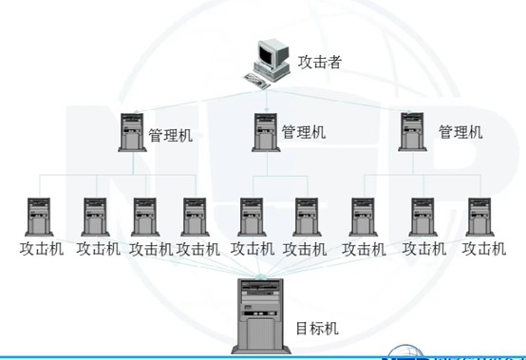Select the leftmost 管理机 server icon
tap(130, 133)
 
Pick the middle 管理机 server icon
tap(265, 132)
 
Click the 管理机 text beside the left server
tap(171, 135)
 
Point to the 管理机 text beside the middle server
tap(303, 132)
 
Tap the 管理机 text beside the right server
tap(460, 131)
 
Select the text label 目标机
tap(317, 330)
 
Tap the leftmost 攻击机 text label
tap(40, 249)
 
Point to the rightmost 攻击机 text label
tap(483, 249)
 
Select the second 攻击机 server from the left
tap(94, 216)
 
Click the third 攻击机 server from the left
tap(144, 216)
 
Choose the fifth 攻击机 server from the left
tap(251, 216)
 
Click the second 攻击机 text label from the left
tap(98, 249)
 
